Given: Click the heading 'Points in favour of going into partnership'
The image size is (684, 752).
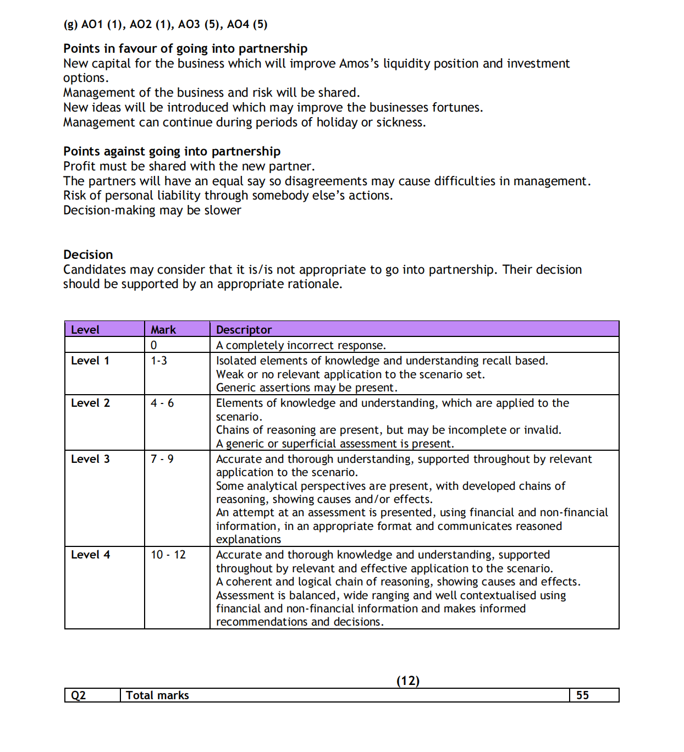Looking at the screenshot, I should [185, 48].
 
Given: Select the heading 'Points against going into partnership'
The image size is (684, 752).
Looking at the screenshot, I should [172, 151].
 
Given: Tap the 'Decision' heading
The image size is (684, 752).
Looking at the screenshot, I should [88, 255].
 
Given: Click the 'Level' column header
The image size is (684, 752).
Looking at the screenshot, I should [85, 330].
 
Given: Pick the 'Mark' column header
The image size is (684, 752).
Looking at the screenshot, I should [163, 330].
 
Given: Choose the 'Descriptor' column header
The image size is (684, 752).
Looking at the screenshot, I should [244, 330].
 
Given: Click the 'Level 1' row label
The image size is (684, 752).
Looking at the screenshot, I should [90, 361].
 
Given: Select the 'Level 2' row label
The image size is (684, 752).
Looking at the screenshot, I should [90, 403].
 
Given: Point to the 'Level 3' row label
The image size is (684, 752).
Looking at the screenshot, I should [90, 459].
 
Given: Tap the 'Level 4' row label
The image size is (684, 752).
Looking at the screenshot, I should [90, 555].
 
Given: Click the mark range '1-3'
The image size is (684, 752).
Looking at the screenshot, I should [159, 361].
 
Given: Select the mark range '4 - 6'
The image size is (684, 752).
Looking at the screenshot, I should [162, 403].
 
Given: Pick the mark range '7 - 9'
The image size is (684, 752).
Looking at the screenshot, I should [162, 459].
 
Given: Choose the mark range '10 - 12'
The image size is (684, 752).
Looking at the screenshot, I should [168, 555].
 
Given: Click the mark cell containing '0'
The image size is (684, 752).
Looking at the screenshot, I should [154, 345].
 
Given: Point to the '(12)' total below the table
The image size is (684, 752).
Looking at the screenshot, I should [408, 681].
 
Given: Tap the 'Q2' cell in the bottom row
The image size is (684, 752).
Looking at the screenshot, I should [79, 695].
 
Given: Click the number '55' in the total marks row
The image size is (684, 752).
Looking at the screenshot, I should [582, 695].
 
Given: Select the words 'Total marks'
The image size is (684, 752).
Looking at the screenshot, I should [157, 695].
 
